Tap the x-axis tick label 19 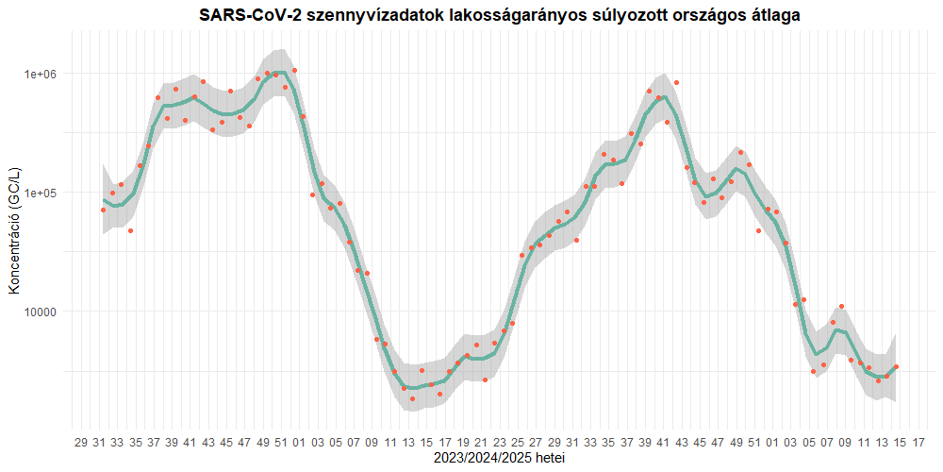(463, 442)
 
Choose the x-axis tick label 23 (499, 442)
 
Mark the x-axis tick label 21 (481, 442)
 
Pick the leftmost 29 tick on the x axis (81, 442)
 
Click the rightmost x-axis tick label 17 (918, 442)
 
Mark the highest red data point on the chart (294, 70)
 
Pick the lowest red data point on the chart (412, 398)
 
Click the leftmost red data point (103, 210)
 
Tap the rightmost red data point (896, 366)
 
